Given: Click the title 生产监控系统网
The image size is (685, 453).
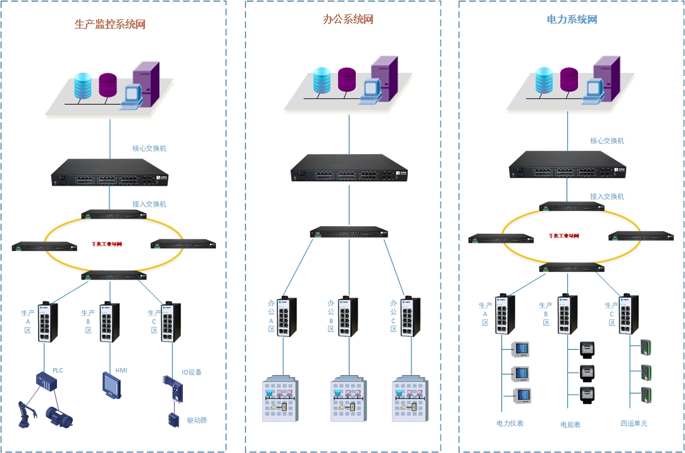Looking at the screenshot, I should [x=110, y=25].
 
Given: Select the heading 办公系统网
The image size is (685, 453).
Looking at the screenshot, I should [x=348, y=20].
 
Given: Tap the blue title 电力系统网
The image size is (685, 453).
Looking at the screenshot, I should [x=572, y=20].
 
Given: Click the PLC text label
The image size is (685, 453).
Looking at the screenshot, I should [x=58, y=371].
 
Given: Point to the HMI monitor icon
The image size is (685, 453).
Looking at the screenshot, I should [x=111, y=385].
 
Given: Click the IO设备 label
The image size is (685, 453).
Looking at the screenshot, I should [x=192, y=373].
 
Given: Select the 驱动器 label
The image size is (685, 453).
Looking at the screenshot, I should [x=197, y=420].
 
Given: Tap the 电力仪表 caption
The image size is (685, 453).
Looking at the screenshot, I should [x=510, y=423].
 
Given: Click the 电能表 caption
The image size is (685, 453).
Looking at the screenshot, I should [x=570, y=424].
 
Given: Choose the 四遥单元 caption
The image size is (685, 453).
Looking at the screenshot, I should [x=634, y=423].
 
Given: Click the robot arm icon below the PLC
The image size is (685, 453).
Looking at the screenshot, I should [x=28, y=413].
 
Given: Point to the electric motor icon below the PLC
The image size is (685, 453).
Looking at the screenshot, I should [x=58, y=416].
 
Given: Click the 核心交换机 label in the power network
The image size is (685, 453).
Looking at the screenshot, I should [x=607, y=141].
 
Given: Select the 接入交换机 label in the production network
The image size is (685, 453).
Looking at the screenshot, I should [x=149, y=204].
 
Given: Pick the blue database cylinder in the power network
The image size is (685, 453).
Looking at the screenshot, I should [x=544, y=80].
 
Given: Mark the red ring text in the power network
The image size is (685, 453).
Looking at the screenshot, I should [x=563, y=236].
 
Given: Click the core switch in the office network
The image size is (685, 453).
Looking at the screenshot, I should [x=349, y=168].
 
